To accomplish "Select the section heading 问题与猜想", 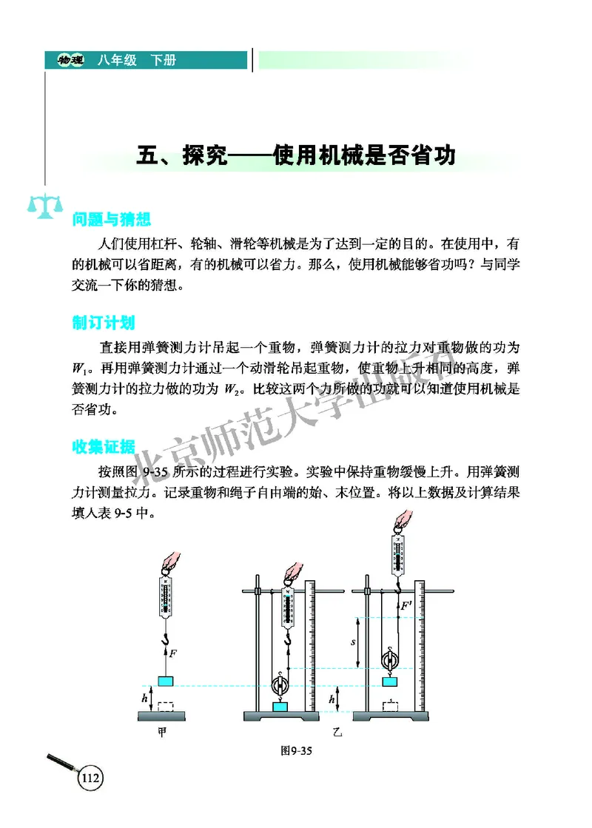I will click(112, 220).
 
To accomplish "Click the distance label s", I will click(354, 642).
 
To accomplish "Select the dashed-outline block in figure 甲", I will click(167, 707).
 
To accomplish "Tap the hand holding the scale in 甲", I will click(167, 561).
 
